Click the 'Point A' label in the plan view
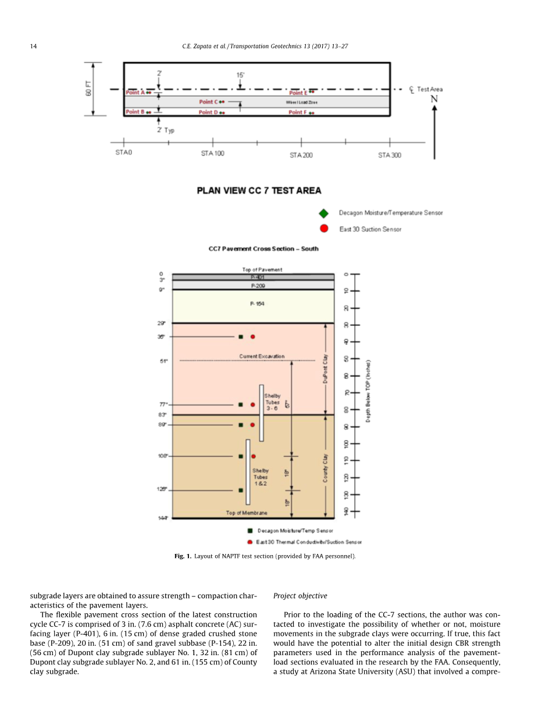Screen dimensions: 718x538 (136, 93)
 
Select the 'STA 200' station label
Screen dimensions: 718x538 (301, 155)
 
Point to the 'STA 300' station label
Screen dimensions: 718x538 (389, 155)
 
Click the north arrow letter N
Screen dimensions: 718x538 (434, 99)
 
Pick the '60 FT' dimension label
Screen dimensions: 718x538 (89, 89)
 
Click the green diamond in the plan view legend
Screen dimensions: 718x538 (324, 213)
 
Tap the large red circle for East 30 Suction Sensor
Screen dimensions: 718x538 (324, 229)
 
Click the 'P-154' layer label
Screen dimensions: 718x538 (256, 304)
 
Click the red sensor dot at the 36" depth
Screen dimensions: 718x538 (253, 337)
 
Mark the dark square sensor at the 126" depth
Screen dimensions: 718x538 (241, 490)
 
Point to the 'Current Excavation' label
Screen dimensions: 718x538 (262, 356)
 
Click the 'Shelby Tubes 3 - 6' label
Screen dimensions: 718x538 (272, 403)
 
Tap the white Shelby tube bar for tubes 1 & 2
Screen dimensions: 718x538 (248, 471)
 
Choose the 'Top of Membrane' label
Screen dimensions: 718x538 (247, 513)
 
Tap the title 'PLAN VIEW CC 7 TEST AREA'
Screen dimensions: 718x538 (259, 190)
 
